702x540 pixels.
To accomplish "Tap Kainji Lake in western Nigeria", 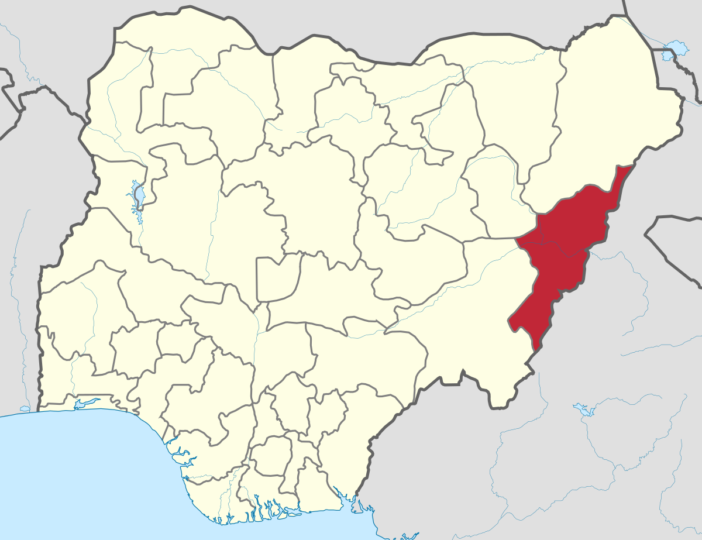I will coord(139,196).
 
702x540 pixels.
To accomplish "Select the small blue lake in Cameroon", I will coord(581,408).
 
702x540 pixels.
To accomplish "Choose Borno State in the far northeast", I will coord(608,117).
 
